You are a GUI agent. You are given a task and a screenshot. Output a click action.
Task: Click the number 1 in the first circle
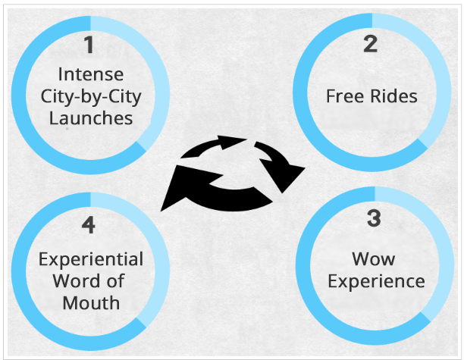point(89,45)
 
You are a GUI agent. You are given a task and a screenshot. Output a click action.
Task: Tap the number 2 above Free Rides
point(371,44)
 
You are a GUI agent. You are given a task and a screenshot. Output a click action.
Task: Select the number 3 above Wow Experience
point(374,218)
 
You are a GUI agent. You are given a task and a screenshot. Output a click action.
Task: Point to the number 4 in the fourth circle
point(89,225)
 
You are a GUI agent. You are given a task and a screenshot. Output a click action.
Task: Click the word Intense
point(91,74)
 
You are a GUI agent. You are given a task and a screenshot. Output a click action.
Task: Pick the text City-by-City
point(91,97)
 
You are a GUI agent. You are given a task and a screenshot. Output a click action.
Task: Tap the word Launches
point(91,118)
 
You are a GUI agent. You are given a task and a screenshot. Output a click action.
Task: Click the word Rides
point(393,96)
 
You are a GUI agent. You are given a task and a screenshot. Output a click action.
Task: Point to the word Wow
point(374,259)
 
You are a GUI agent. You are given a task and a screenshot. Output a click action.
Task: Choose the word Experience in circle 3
point(376,281)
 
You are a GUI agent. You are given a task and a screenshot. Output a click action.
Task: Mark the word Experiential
point(91,259)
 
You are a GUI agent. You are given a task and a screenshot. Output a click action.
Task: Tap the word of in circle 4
point(116,280)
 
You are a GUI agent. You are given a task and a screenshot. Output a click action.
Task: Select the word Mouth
point(91,303)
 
